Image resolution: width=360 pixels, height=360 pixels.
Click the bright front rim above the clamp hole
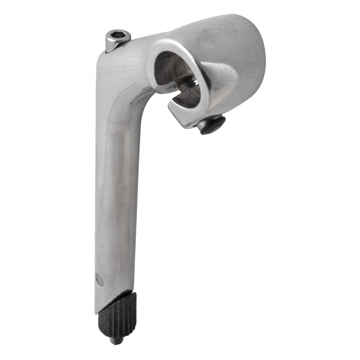tap(168, 45)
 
